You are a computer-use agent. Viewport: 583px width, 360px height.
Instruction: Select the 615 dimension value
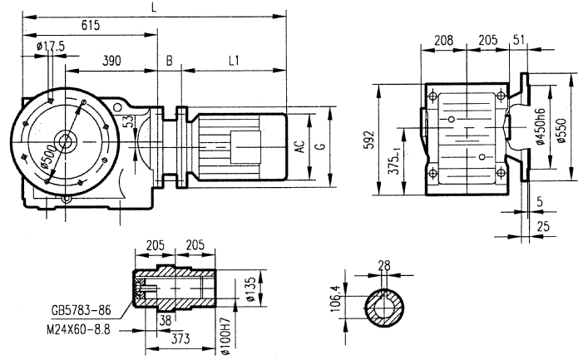pyautogui.click(x=91, y=26)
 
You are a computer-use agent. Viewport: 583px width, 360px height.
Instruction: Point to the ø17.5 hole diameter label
pyautogui.click(x=51, y=46)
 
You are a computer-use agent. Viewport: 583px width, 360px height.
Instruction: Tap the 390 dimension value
pyautogui.click(x=114, y=62)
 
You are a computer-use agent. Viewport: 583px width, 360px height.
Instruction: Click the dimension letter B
pyautogui.click(x=169, y=62)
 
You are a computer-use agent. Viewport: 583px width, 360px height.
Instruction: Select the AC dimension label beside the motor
pyautogui.click(x=299, y=146)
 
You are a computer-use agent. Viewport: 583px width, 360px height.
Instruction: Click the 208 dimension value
pyautogui.click(x=444, y=39)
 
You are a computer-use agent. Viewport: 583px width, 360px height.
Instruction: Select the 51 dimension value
pyautogui.click(x=519, y=39)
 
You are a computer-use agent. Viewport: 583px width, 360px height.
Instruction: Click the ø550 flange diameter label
pyautogui.click(x=562, y=126)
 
